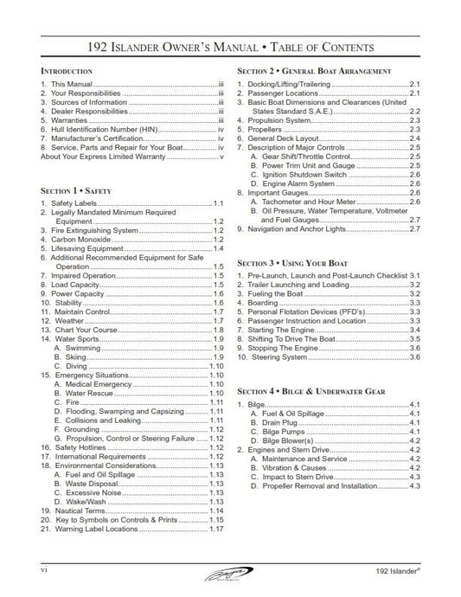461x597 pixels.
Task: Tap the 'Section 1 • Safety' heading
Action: pyautogui.click(x=76, y=188)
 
